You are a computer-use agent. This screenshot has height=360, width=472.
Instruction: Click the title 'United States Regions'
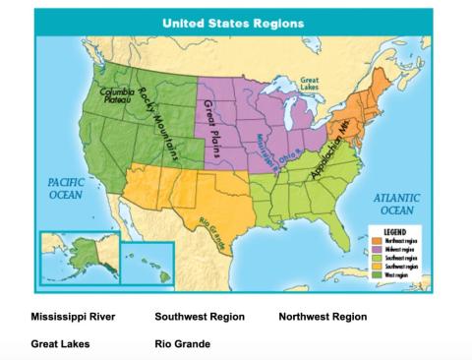click(x=232, y=22)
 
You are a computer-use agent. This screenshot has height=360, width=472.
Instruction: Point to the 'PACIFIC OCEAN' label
click(x=65, y=188)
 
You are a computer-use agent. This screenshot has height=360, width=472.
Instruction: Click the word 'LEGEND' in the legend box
click(x=397, y=233)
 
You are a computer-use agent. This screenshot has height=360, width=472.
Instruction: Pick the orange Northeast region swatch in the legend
click(x=377, y=241)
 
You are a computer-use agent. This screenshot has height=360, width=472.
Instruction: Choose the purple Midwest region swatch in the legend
click(x=377, y=250)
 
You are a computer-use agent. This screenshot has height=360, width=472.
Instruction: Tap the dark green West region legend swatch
click(x=377, y=274)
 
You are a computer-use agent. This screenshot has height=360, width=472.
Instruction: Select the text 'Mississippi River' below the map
click(x=73, y=317)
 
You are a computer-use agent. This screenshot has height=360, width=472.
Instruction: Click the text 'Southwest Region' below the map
click(x=201, y=317)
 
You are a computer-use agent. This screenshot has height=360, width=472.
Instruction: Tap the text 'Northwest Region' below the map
click(x=323, y=317)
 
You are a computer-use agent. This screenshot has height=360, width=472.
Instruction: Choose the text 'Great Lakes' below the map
click(x=60, y=344)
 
